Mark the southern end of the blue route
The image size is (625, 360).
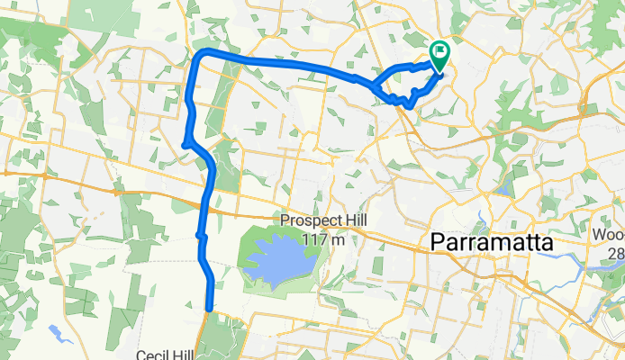click(x=210, y=310)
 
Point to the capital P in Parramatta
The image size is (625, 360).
click(x=439, y=243)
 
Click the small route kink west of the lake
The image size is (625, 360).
click(x=201, y=236)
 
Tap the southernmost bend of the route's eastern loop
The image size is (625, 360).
click(x=410, y=105)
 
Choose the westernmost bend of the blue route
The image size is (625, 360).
click(x=185, y=143)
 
